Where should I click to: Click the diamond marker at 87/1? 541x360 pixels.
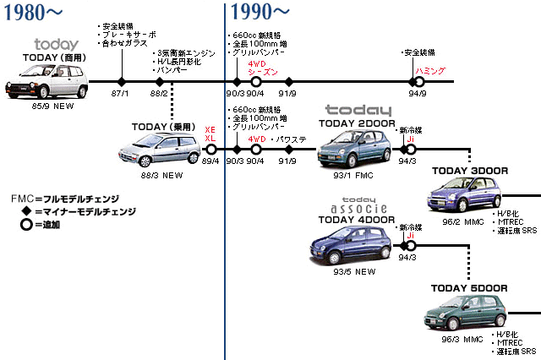tap(121, 82)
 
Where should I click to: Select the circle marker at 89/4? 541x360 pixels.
tap(210, 150)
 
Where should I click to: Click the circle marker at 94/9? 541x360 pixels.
tap(416, 82)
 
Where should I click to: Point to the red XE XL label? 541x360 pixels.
tap(210, 133)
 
